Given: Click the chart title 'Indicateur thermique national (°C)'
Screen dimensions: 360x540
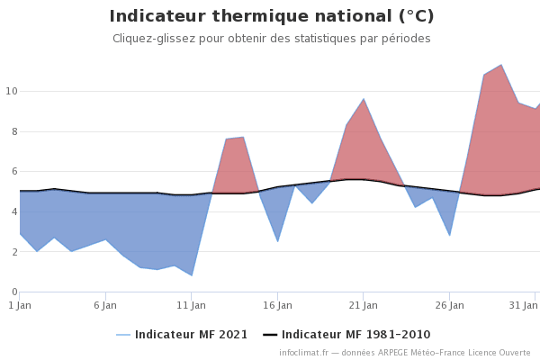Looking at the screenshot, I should coord(271,16).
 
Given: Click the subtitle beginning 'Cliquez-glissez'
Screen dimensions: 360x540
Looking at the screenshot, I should coord(271,39).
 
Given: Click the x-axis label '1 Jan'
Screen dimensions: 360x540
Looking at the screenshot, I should coord(20,305).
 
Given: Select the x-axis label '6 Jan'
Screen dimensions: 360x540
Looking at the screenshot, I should coord(105,305).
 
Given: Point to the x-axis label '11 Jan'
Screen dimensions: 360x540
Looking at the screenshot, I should coord(191,305).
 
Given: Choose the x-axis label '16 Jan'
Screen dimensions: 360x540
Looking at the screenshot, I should coord(277,305).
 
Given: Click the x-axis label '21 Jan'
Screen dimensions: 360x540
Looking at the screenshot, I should coord(363,305).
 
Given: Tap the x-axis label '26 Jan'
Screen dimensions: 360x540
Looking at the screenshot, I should coord(449,305).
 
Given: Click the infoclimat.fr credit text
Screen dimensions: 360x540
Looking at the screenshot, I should coord(404,353).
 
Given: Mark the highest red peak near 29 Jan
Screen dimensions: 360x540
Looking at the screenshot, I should coord(500,65).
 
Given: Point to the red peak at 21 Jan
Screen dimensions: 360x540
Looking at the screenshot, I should coord(363,99).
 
